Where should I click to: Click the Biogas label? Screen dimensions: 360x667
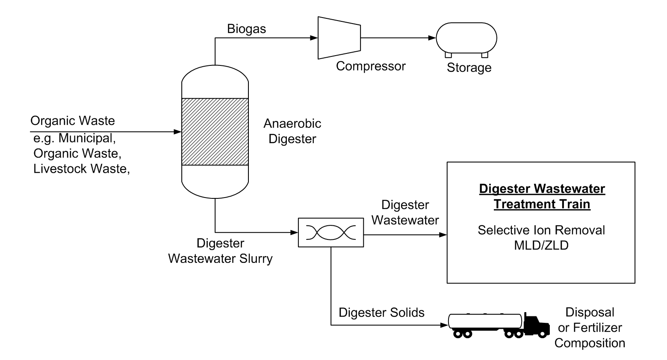tap(246, 29)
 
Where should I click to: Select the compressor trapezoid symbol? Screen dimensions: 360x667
tap(339, 38)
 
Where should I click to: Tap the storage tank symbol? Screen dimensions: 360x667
tap(466, 38)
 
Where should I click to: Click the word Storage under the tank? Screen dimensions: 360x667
tap(469, 68)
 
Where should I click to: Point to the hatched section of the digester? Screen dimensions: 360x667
tap(215, 132)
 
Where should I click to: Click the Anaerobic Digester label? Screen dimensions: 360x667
tap(292, 131)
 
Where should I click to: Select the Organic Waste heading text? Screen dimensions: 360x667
tap(73, 121)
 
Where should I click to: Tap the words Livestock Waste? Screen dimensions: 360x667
tap(81, 168)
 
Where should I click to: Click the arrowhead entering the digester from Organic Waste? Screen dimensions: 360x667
tap(178, 132)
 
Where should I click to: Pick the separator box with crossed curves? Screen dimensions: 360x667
tap(331, 233)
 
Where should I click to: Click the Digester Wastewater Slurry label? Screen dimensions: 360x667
tap(220, 251)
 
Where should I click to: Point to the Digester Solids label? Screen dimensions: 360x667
tap(381, 313)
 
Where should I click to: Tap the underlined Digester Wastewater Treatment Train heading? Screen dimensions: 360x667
tap(542, 196)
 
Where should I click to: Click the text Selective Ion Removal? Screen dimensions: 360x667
tap(541, 230)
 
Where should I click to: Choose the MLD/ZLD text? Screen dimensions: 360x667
tap(541, 245)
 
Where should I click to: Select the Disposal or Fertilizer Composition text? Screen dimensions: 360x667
tap(590, 328)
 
